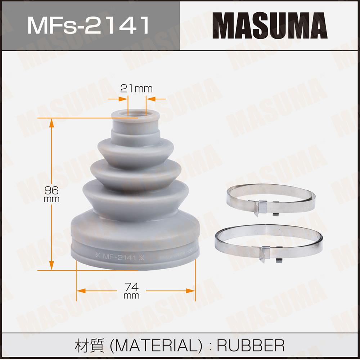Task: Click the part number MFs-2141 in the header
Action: pos(89,25)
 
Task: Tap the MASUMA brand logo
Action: pos(270,25)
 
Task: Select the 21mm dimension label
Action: pos(136,89)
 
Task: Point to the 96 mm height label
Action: pos(51,194)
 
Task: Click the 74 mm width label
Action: pos(131,291)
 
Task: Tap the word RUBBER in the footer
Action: pos(251,345)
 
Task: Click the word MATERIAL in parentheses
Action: pos(156,345)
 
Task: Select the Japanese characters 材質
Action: pos(90,345)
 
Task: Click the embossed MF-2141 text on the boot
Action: pos(120,257)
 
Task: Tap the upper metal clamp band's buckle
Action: pos(262,207)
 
